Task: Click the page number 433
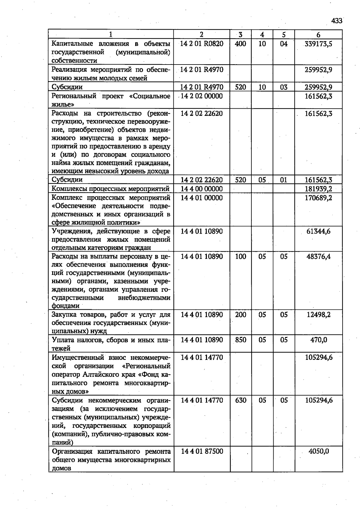[x=337, y=21]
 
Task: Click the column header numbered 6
[x=318, y=35]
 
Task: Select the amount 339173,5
[x=318, y=44]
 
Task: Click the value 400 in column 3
[x=241, y=44]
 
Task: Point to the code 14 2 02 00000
[x=202, y=96]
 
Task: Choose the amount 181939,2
[x=318, y=189]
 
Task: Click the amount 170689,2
[x=318, y=198]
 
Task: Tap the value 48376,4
[x=318, y=257]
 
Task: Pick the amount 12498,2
[x=318, y=315]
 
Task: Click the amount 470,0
[x=319, y=340]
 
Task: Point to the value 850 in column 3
[x=241, y=340]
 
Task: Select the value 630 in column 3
[x=241, y=400]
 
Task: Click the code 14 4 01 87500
[x=202, y=451]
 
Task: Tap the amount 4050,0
[x=319, y=451]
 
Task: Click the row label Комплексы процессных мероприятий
[x=111, y=189]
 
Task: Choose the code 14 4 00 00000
[x=202, y=189]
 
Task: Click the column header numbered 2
[x=202, y=35]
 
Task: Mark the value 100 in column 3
[x=241, y=257]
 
